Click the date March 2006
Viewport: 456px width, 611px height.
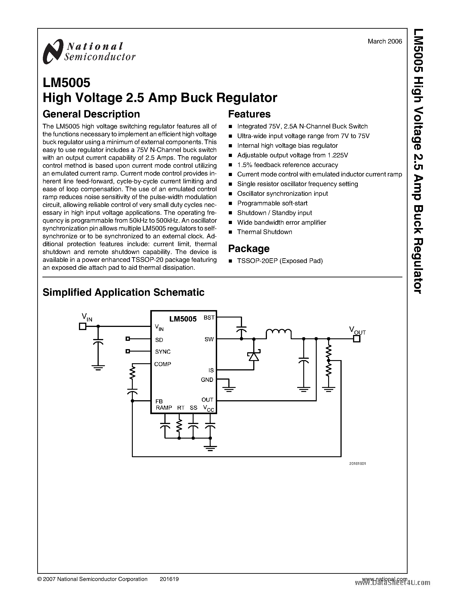[385, 41]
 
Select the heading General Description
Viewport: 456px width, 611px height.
[91, 114]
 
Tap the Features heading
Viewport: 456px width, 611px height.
[249, 114]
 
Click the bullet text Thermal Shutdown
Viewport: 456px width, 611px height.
[264, 232]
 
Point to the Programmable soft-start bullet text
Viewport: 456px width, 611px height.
[272, 203]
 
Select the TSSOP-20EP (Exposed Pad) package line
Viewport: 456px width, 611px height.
[280, 261]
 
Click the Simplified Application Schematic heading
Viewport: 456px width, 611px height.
[123, 292]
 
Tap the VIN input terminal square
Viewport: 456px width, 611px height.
[82, 326]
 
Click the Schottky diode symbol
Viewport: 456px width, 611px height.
[254, 356]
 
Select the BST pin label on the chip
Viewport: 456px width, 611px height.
[209, 318]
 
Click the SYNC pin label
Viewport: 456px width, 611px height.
[163, 352]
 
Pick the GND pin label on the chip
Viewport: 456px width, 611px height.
[207, 380]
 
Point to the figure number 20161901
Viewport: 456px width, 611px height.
[357, 464]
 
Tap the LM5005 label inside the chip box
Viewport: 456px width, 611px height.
[183, 319]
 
